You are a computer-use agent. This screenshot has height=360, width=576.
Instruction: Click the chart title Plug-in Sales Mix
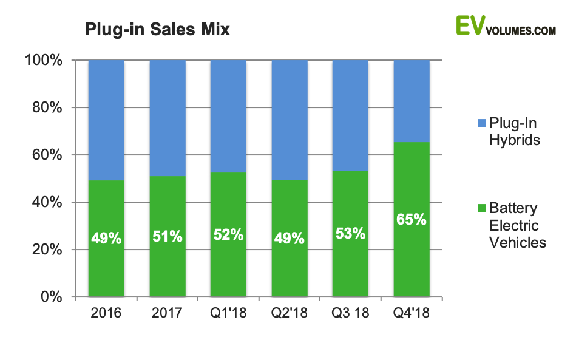tap(157, 29)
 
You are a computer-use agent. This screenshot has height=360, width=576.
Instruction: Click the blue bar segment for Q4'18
tap(412, 100)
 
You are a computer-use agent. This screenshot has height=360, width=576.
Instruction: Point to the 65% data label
tap(412, 219)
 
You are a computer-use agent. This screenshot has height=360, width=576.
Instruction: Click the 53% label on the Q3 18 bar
tap(350, 233)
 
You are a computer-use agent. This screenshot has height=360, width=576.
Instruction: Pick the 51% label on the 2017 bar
tap(168, 236)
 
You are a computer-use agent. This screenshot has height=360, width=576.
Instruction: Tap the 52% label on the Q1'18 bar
tap(228, 234)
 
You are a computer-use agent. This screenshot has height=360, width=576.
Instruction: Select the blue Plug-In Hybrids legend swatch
tap(482, 123)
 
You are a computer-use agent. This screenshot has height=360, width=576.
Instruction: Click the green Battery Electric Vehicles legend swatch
tap(482, 208)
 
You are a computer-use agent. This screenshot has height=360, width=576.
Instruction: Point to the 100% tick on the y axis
tap(43, 60)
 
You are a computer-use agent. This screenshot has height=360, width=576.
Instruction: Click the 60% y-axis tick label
tap(47, 155)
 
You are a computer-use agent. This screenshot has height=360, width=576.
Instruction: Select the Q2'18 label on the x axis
tap(289, 314)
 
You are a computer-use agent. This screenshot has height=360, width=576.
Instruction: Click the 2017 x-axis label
tap(168, 314)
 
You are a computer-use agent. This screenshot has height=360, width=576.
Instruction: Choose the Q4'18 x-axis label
tap(412, 314)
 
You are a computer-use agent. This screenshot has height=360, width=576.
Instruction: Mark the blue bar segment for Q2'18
tap(289, 120)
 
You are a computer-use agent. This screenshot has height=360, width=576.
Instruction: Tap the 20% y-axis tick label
tap(47, 250)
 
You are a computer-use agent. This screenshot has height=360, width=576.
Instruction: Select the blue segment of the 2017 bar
tap(168, 118)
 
